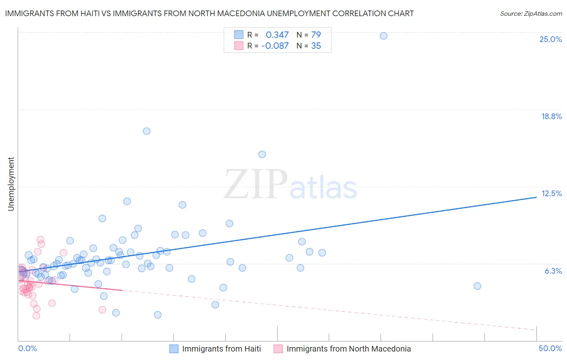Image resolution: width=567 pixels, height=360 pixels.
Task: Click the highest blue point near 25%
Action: pos(384,36)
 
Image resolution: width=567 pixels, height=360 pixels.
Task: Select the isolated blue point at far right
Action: pos(477,286)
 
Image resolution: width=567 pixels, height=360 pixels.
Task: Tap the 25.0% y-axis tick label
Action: pos(550,39)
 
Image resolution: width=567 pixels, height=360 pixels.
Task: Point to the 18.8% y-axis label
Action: pos(551,116)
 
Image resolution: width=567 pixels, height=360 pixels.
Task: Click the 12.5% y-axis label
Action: pos(551,193)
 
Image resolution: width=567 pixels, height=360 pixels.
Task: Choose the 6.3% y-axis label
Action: pos(553,271)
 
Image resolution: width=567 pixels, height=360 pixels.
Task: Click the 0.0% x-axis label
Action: pos(27,348)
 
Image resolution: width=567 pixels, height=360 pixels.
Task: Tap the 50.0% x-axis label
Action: pos(550,348)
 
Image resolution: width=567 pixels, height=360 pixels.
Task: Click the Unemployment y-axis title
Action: pos(11,184)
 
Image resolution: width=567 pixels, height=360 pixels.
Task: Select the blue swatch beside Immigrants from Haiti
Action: pos(174,349)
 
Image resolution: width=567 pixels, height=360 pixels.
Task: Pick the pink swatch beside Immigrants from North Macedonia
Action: pos(278,349)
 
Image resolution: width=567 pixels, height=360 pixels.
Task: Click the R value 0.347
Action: pos(277,35)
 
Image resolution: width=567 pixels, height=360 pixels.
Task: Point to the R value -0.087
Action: pos(275,46)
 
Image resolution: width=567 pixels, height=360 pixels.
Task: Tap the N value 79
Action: pos(316,35)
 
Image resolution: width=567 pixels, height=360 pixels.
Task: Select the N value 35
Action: pos(316,46)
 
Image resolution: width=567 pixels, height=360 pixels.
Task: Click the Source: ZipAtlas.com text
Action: pos(531,14)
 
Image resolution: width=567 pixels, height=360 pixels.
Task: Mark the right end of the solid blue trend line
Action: pos(536,197)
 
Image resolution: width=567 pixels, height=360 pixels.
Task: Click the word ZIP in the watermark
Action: pos(256,184)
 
